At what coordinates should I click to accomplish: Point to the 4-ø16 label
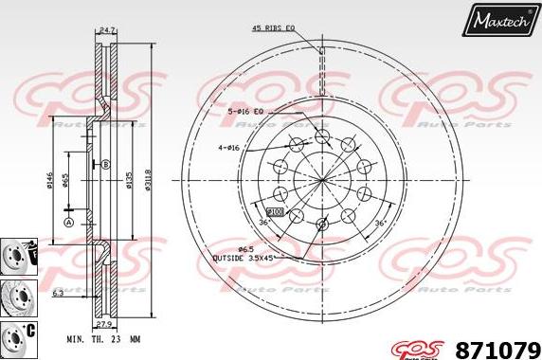pyautogui.click(x=230, y=148)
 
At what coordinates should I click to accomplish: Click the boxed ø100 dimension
pyautogui.click(x=276, y=211)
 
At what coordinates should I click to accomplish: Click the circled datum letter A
pyautogui.click(x=68, y=222)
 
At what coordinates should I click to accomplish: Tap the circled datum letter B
pyautogui.click(x=104, y=163)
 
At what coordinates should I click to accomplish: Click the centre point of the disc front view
pyautogui.click(x=322, y=180)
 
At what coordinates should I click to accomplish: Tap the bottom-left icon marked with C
pyautogui.click(x=17, y=336)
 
